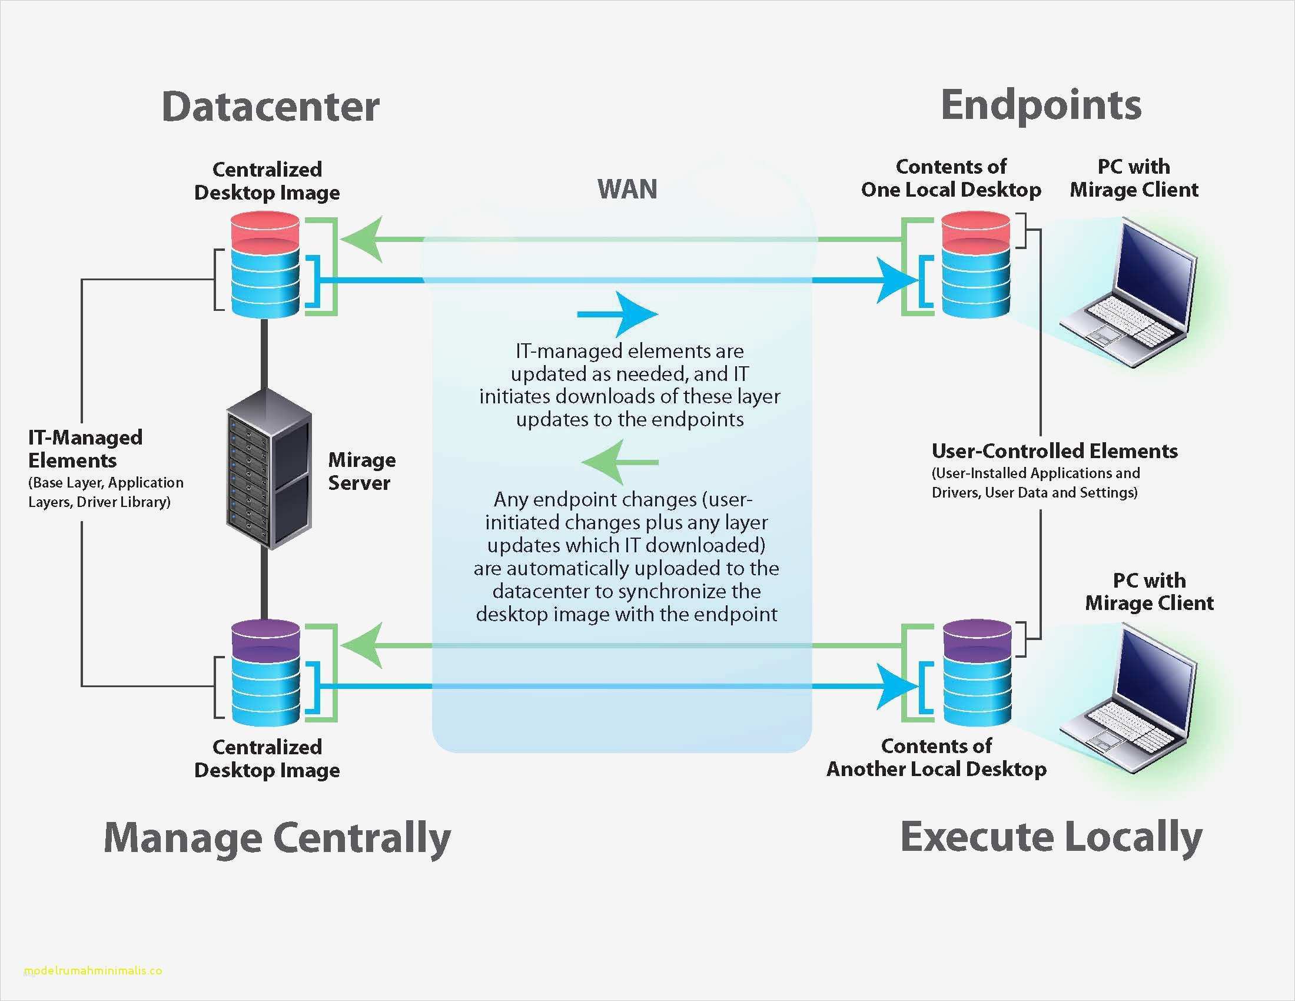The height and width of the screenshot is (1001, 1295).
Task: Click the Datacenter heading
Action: tap(270, 107)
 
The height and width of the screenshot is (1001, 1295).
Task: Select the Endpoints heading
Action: tap(1041, 105)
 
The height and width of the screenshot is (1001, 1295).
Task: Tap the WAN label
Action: tap(627, 189)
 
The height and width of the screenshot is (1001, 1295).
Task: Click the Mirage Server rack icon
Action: tap(268, 469)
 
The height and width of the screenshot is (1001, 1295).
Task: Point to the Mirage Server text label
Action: tap(361, 471)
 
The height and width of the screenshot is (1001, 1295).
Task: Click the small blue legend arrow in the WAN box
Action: tap(620, 314)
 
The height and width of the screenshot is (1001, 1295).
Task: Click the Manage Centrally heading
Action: tap(277, 837)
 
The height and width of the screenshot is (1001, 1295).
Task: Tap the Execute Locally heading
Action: tap(1051, 837)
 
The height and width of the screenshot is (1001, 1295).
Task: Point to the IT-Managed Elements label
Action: tap(85, 449)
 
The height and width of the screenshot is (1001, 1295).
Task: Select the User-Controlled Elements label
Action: tap(1054, 450)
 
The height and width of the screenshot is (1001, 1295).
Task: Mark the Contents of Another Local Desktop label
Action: tap(937, 757)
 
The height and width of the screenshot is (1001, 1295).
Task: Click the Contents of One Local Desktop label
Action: tap(951, 178)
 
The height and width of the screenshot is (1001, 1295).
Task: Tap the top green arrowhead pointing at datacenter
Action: tap(363, 240)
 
